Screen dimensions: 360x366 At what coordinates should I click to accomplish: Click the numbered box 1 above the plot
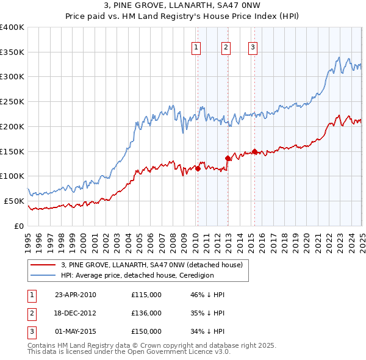click(196, 47)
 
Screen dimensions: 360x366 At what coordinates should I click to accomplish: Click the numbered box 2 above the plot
click(226, 47)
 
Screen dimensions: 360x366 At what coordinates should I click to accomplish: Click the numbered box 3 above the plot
click(253, 47)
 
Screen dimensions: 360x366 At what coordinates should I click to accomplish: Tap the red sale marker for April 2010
click(198, 168)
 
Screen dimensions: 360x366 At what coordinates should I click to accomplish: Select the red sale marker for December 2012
click(228, 158)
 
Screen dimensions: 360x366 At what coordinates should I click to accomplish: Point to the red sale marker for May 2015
click(254, 151)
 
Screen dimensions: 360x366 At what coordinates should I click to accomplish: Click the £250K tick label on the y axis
click(12, 102)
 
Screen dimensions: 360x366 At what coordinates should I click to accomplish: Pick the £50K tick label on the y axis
click(14, 201)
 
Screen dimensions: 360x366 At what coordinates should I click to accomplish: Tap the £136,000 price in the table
click(146, 313)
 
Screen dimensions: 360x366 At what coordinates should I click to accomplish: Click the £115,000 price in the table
click(146, 295)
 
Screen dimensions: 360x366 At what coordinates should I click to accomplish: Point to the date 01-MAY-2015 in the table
click(75, 331)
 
